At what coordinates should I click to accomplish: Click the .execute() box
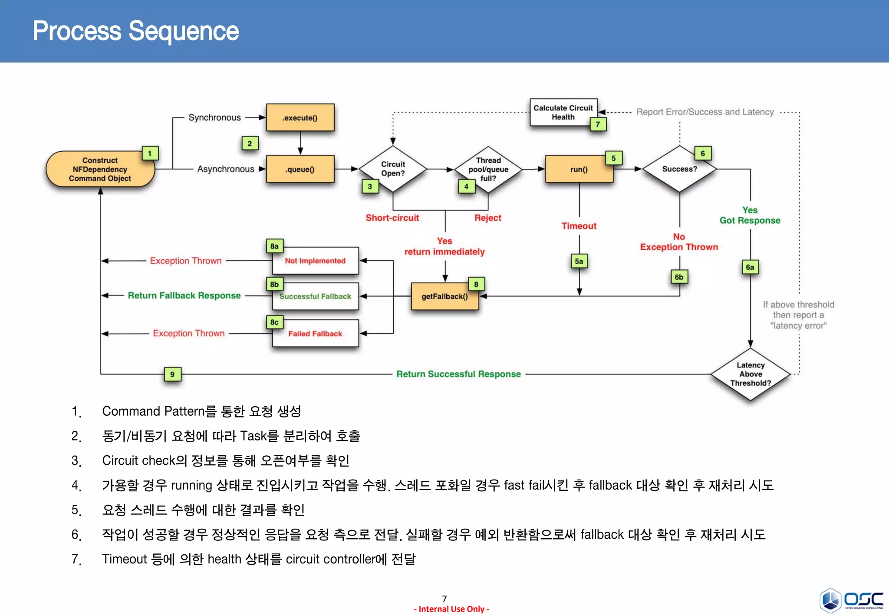coord(300,118)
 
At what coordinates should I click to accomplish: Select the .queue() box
coord(300,169)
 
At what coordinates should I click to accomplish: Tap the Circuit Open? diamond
coord(393,169)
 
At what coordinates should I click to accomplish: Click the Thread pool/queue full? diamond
coord(488,169)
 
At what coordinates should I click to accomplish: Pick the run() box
coord(579,169)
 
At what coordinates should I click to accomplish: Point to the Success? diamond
coord(679,169)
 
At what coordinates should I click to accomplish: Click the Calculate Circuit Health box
coord(563,113)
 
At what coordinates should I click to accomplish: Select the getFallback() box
coord(444,297)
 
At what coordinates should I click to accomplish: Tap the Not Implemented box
coord(315,261)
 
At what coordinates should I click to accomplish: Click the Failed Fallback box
coord(315,334)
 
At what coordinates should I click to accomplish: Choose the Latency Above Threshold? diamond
coord(751,374)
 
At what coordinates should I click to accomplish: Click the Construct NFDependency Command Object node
coord(100,169)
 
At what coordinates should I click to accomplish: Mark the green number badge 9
coord(172,374)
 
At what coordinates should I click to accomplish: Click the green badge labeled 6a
coord(750,267)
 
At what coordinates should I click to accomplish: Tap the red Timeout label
coord(579,226)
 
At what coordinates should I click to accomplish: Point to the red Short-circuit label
coord(392,218)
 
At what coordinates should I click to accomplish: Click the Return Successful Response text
coord(458,374)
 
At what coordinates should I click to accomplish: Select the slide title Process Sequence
coord(136,31)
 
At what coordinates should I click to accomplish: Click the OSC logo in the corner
coord(851,600)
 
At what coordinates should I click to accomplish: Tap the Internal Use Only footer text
coord(451,609)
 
